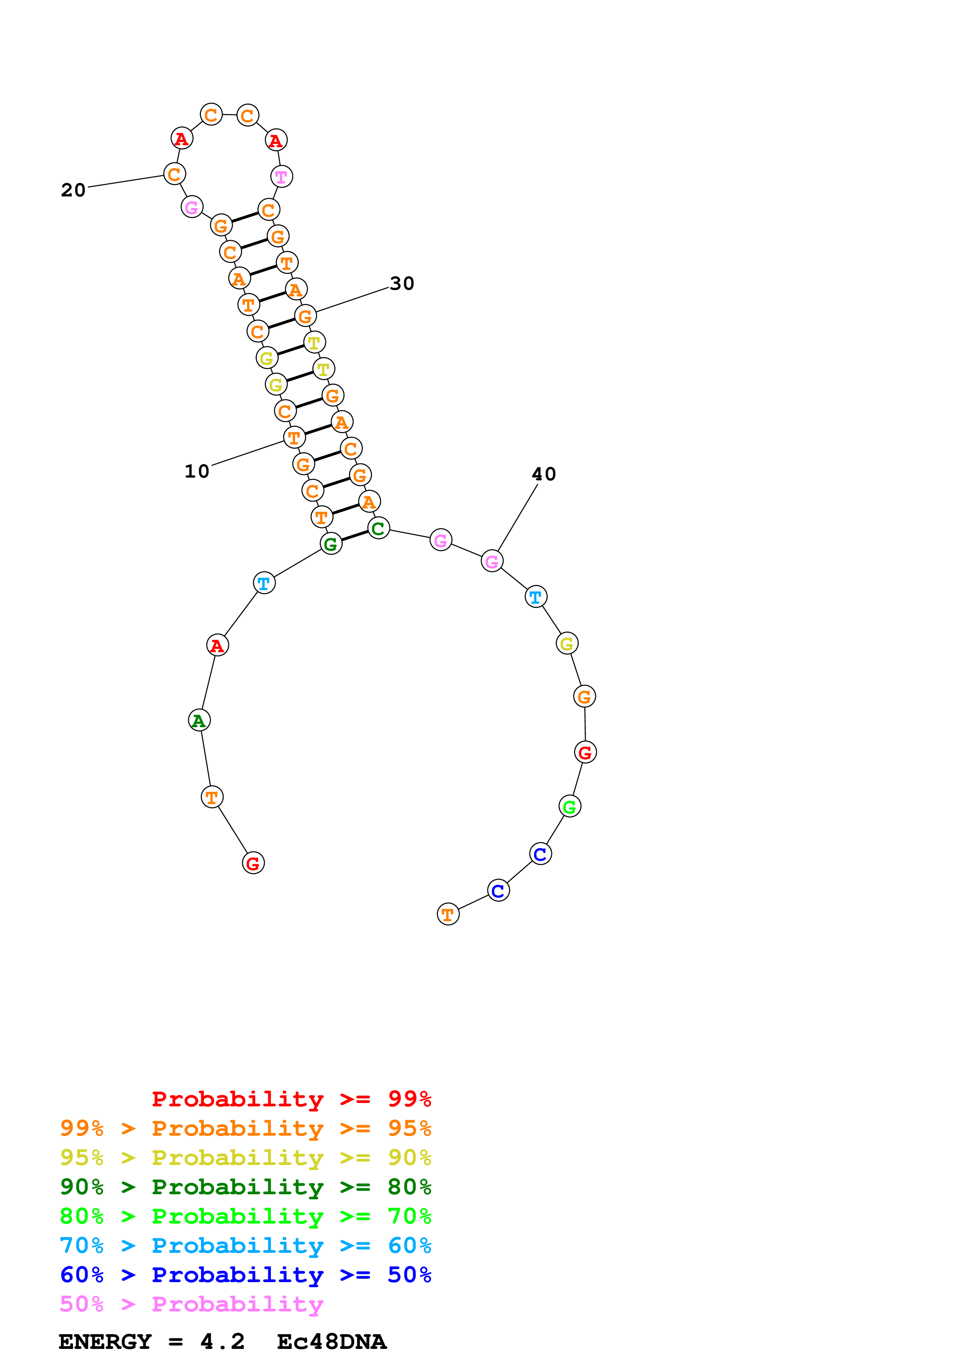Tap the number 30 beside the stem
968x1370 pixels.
tap(402, 284)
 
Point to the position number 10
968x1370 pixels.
tap(197, 471)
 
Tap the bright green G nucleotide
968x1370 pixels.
tap(570, 807)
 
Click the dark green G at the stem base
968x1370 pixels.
tap(331, 544)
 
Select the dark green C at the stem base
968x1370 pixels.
tap(378, 528)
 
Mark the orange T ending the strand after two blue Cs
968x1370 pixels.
tap(448, 914)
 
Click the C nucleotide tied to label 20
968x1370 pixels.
tap(174, 174)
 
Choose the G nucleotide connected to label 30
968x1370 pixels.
tap(305, 316)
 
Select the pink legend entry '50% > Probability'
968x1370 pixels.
tap(191, 1304)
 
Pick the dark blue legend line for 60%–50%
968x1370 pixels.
tap(245, 1275)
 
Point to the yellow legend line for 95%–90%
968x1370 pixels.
tap(245, 1158)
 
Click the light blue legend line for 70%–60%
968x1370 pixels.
tap(245, 1245)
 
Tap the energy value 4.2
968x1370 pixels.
tap(223, 1342)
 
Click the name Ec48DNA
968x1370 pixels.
tap(332, 1342)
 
